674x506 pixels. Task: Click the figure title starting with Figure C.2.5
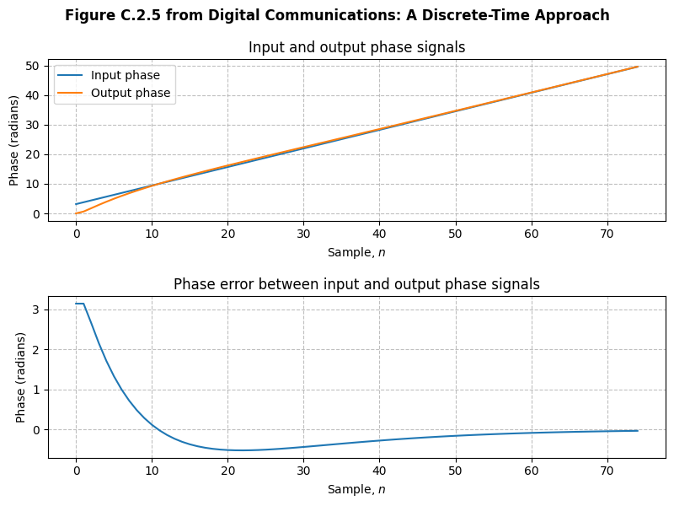[x=337, y=15]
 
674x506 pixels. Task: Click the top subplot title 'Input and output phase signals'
[x=356, y=47]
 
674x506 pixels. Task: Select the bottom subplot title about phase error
[x=356, y=284]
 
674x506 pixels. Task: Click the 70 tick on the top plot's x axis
[x=607, y=233]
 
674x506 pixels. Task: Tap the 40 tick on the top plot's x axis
[x=379, y=233]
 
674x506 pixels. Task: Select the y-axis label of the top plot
[x=14, y=140]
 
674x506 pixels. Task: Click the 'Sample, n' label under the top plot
[x=356, y=251]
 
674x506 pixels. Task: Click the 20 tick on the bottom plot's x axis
[x=227, y=470]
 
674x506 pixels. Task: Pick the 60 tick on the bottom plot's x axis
[x=531, y=470]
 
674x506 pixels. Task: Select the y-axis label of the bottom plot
[x=21, y=377]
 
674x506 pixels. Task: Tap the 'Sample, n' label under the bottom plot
[x=356, y=488]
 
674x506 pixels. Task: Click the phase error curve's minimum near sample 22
[x=243, y=450]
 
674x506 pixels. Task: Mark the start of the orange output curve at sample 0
[x=76, y=213]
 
